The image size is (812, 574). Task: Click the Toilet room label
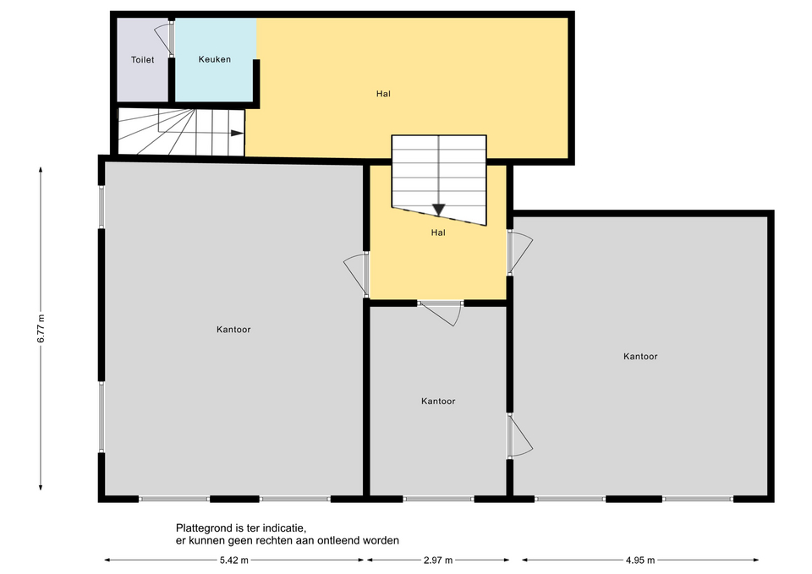(142, 60)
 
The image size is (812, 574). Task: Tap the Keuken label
(214, 59)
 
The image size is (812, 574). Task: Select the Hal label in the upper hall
(383, 94)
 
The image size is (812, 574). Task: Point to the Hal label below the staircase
(438, 232)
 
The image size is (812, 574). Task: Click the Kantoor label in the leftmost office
(233, 330)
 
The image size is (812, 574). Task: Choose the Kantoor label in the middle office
(438, 402)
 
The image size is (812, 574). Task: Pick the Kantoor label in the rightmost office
(640, 357)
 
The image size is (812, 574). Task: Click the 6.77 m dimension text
(41, 328)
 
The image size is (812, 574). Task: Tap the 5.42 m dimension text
(234, 560)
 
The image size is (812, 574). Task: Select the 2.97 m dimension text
(438, 560)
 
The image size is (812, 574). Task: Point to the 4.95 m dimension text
(640, 560)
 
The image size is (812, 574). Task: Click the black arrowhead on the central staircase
(439, 210)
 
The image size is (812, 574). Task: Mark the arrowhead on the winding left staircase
(237, 133)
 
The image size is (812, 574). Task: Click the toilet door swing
(163, 37)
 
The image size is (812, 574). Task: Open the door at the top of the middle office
(441, 314)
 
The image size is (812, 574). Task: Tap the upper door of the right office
(520, 253)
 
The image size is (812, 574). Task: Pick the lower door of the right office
(520, 436)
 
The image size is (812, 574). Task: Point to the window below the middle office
(439, 499)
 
